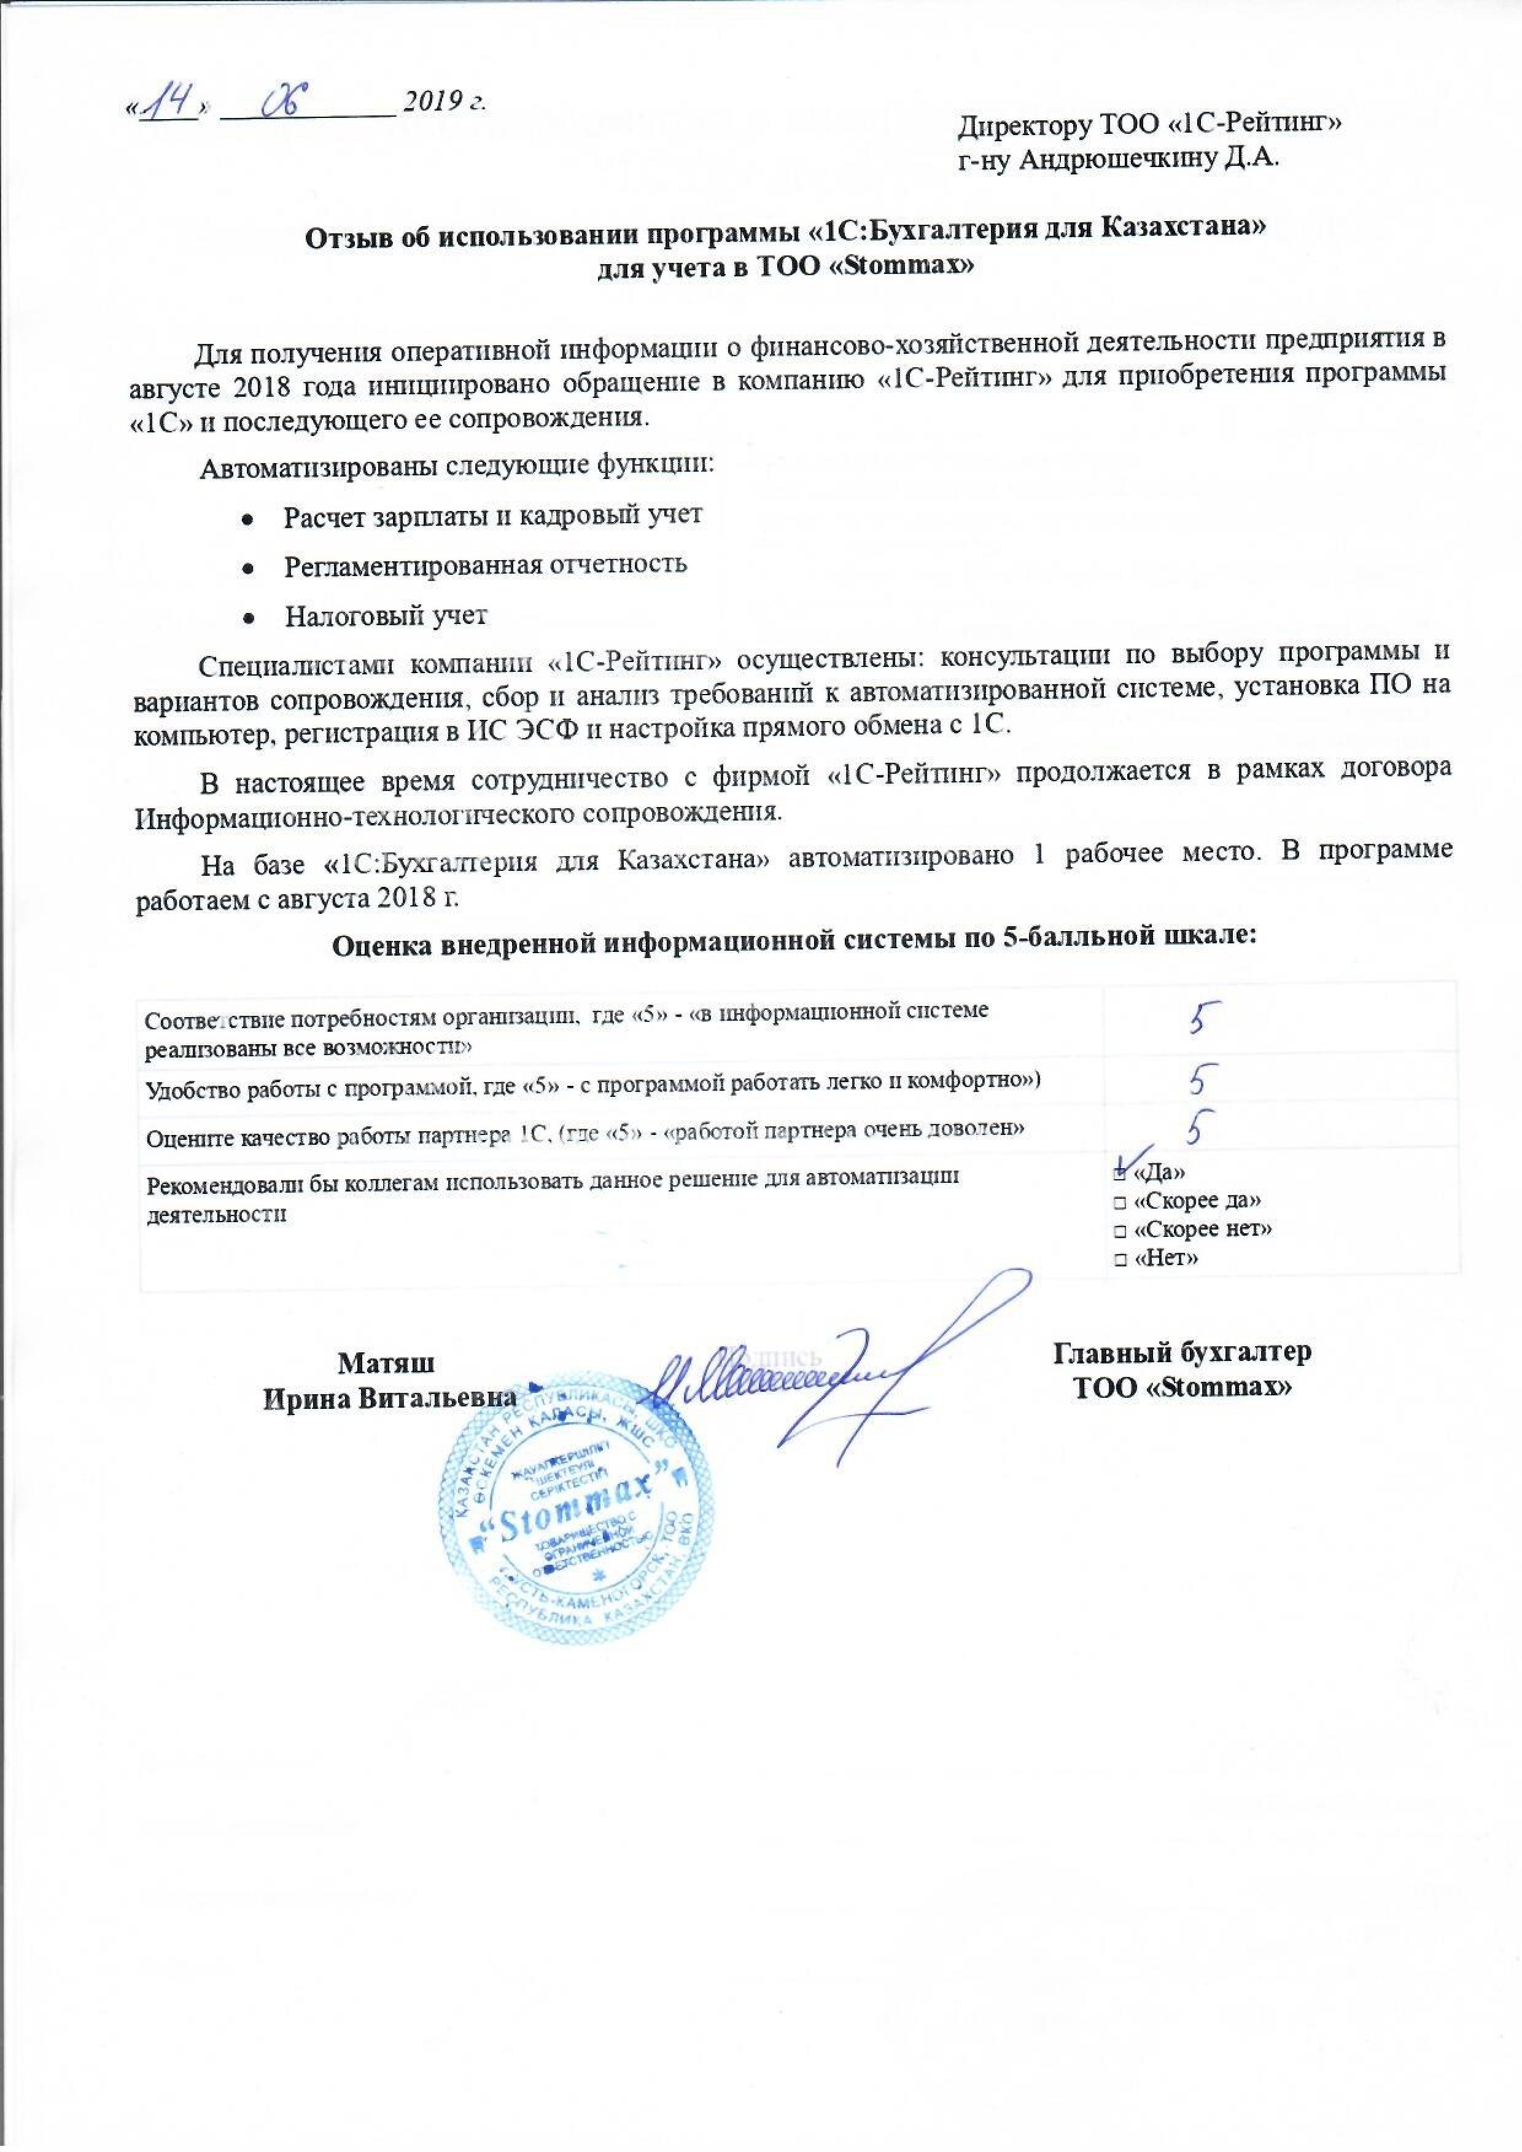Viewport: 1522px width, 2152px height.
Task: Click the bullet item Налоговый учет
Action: click(386, 616)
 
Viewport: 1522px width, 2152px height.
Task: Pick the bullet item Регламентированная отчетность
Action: click(486, 564)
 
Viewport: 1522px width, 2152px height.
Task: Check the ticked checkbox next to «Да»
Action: click(1120, 1174)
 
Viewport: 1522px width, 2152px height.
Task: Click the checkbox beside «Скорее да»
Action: click(1120, 1203)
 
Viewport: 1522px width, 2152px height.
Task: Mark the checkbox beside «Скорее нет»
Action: click(1120, 1231)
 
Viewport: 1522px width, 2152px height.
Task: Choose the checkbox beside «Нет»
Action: click(1120, 1259)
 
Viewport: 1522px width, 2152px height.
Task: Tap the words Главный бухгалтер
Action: click(1182, 1354)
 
